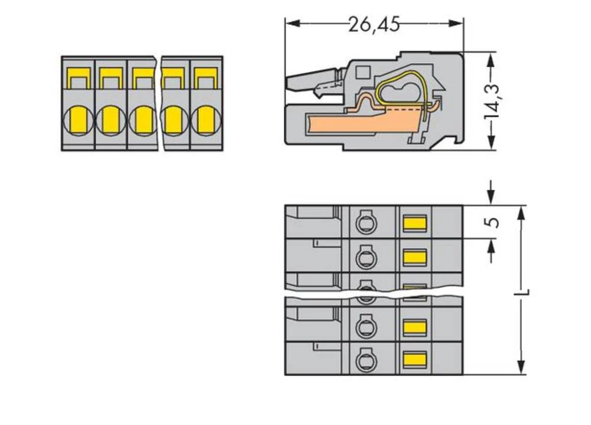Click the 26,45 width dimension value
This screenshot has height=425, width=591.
pos(374,24)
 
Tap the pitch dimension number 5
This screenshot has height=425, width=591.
pos(494,222)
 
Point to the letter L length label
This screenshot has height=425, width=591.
pos(524,292)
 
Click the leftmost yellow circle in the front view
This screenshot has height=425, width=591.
pos(77,121)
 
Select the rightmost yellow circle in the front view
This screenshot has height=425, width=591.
pos(205,121)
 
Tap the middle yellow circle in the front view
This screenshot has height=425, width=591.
pos(142,121)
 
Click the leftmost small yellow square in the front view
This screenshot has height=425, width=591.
pos(77,76)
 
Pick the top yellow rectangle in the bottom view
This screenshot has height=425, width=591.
pos(414,223)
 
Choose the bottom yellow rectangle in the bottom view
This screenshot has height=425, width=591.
pos(414,358)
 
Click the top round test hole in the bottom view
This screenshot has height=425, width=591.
pos(366,223)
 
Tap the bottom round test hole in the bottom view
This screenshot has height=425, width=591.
pos(366,359)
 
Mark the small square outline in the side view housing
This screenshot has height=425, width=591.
pos(363,73)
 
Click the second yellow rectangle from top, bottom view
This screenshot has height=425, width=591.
pos(414,256)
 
